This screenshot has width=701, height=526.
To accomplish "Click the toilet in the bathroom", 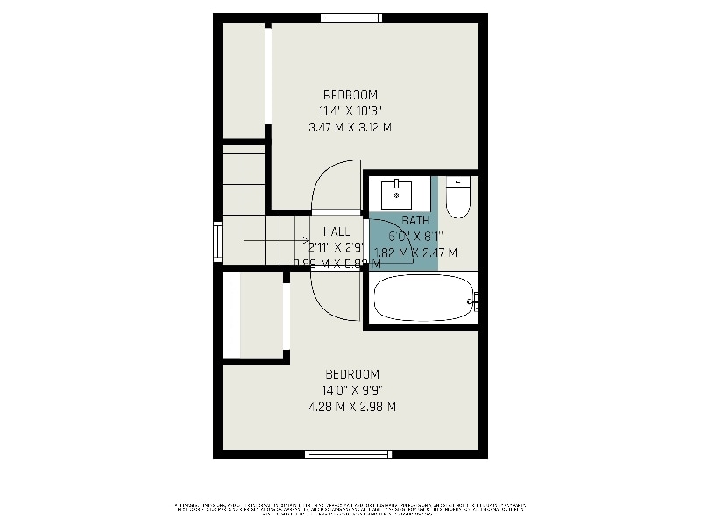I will point(458,198).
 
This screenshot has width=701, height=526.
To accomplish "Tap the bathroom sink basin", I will point(399,192).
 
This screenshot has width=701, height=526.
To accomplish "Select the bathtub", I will point(421,299).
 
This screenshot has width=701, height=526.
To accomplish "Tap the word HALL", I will point(336,231).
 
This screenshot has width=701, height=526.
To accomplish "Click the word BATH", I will point(415,220).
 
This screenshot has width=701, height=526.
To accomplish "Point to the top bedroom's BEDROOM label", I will point(350,95).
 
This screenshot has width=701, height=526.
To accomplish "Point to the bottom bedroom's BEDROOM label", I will point(351,374).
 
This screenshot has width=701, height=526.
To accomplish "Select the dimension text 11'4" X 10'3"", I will point(350,110).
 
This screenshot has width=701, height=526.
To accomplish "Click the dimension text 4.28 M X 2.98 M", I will point(351,407).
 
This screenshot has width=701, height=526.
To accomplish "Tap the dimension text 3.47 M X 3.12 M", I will point(350,127).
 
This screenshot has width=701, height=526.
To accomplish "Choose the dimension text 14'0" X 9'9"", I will point(351,390).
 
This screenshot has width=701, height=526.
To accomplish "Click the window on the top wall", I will point(350,17).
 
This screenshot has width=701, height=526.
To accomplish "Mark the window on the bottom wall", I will point(347,454).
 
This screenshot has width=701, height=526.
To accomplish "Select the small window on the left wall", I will point(217,242).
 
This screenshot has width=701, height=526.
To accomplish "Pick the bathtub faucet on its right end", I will point(473,302).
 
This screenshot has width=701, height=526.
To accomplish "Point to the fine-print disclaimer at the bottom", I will point(350,508).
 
